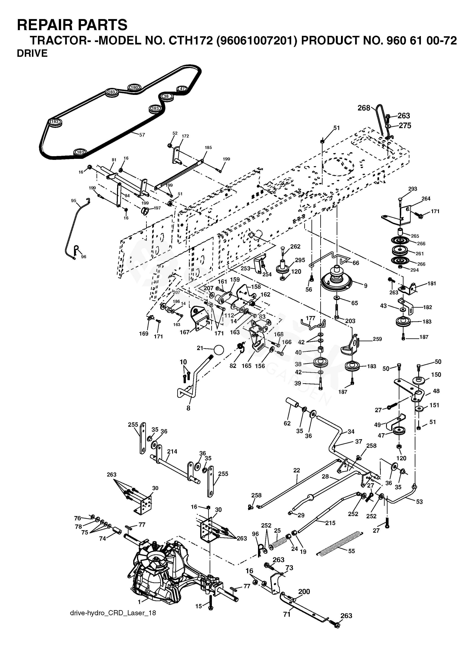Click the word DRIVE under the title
point(32,54)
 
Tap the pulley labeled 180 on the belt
point(134,87)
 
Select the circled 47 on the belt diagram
point(182,89)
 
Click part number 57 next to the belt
point(142,134)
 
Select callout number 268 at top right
point(364,108)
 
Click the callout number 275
point(405,125)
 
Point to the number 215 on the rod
point(330,523)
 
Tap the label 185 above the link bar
point(208,148)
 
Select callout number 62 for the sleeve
point(287,423)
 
